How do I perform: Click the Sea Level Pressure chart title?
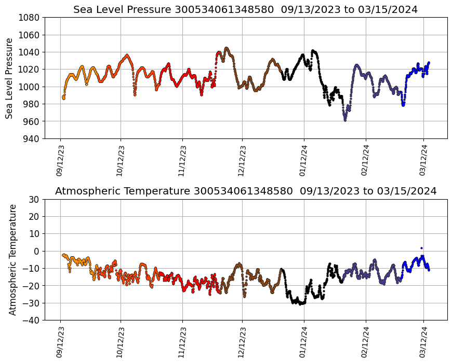245,10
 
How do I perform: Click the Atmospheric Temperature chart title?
245,191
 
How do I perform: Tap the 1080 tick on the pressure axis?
30,18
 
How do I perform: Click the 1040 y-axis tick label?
30,52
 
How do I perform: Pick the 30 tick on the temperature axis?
35,199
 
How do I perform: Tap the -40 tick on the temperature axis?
32,320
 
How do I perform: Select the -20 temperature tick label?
32,286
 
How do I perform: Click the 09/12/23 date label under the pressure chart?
60,161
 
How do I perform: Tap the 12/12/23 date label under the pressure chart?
242,161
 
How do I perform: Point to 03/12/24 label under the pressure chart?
423,161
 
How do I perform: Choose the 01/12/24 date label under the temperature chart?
304,342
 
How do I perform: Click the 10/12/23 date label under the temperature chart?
121,342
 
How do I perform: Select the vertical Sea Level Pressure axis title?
10,78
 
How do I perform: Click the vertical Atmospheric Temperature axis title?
12,259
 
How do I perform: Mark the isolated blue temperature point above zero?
421,248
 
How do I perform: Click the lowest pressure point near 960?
345,120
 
